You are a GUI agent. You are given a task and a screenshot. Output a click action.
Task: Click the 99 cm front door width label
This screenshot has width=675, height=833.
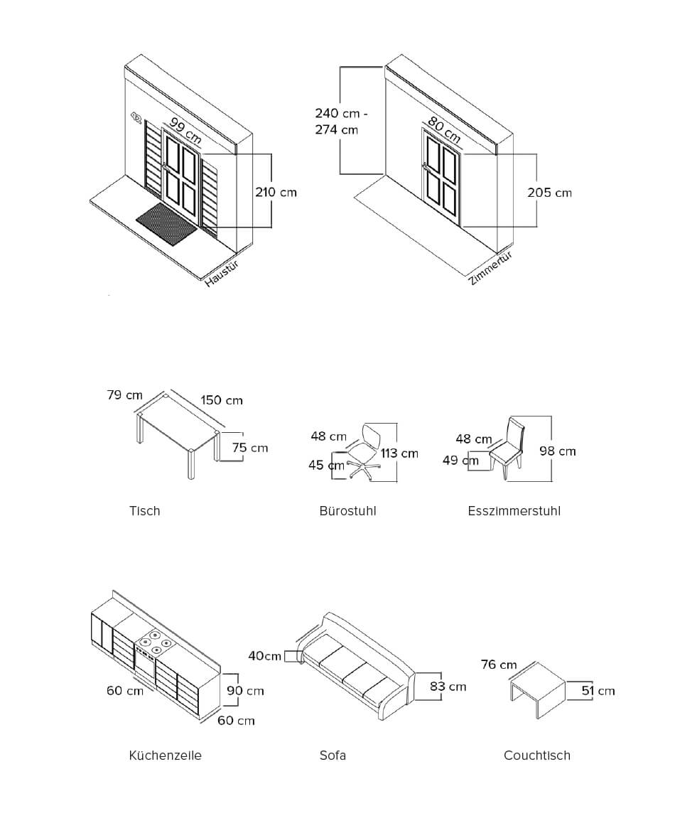[185, 131]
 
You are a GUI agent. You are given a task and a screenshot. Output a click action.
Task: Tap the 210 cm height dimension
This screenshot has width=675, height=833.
[276, 193]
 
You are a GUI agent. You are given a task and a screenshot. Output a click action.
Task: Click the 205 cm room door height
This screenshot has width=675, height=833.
[550, 193]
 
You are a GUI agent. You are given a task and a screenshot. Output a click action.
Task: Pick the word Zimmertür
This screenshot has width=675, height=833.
[491, 269]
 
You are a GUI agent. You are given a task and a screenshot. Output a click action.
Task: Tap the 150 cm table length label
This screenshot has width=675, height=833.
[222, 400]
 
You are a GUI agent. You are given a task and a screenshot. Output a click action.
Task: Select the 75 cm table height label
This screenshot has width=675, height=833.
[249, 448]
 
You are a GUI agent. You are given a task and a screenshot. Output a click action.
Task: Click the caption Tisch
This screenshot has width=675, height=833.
[144, 511]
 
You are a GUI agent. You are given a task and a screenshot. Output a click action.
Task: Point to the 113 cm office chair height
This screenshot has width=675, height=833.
[399, 453]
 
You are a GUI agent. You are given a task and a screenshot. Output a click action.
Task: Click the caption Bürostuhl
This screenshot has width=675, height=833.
[348, 511]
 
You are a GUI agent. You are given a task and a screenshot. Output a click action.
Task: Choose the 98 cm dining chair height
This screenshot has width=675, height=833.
[558, 451]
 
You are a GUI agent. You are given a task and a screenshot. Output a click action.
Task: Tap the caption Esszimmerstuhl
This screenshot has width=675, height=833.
[514, 511]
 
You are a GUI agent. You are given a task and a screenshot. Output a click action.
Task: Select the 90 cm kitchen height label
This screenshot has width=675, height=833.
[245, 691]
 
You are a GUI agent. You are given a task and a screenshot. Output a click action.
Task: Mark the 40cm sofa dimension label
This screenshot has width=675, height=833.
[264, 656]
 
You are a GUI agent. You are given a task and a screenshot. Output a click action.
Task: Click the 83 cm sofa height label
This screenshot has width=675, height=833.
[448, 687]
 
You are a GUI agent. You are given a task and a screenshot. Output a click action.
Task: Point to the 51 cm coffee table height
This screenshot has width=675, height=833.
[598, 691]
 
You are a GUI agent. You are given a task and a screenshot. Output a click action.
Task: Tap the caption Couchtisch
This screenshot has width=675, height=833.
[537, 756]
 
